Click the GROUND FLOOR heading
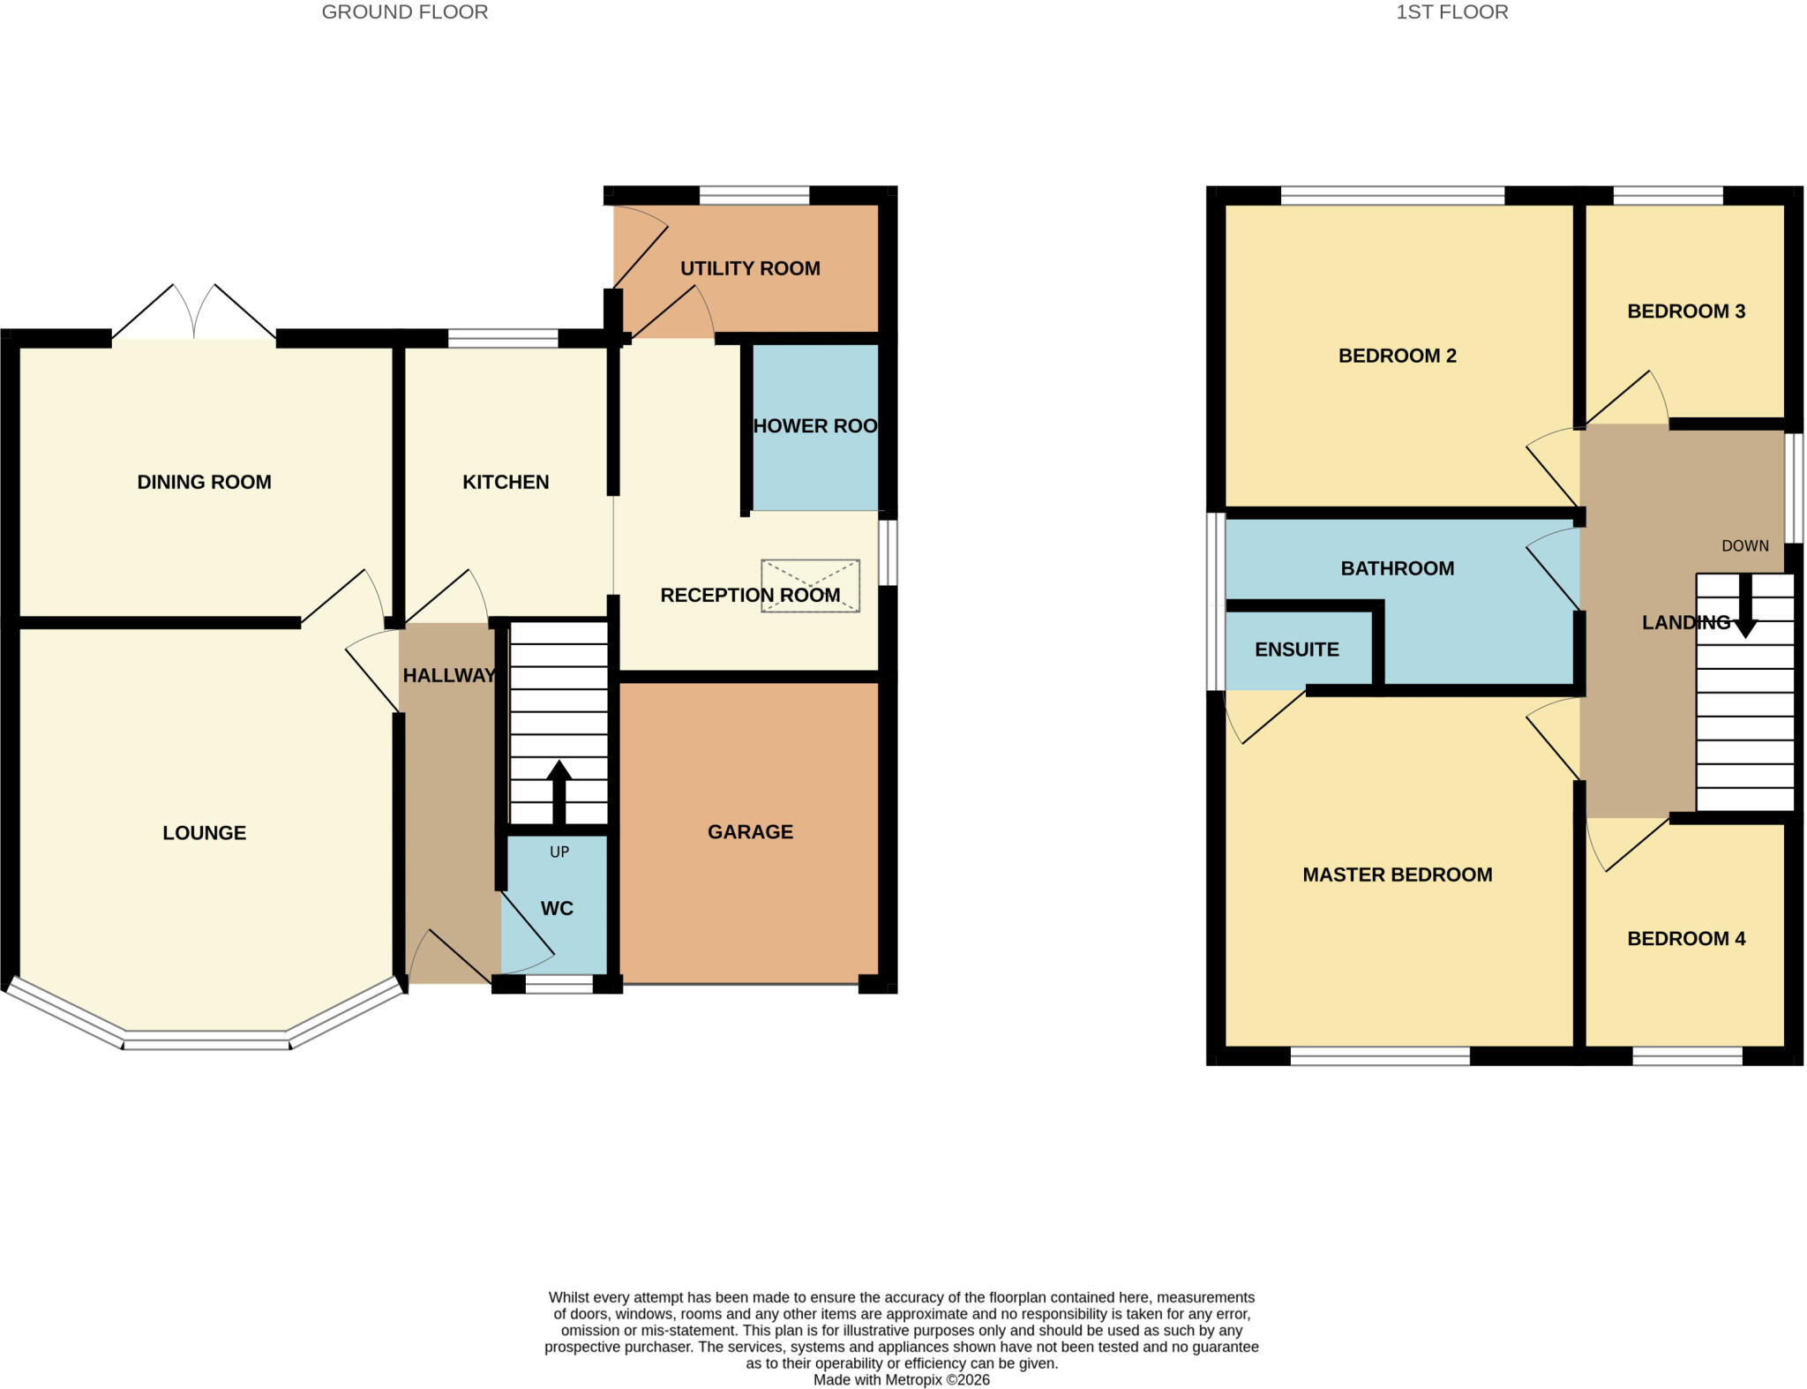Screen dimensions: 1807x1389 [404, 12]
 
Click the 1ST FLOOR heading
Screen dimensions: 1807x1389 [1451, 12]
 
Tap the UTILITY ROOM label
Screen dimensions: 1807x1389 [750, 268]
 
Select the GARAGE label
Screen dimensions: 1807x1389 [750, 831]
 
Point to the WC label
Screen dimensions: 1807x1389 [557, 908]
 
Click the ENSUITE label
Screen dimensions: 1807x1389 [1297, 649]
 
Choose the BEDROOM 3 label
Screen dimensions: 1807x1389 [1686, 312]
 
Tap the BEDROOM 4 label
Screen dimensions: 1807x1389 [1686, 938]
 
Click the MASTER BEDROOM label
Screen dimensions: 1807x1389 [1398, 875]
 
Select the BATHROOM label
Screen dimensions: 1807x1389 [1398, 568]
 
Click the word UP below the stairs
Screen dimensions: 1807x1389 [559, 852]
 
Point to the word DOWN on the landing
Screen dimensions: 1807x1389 [1745, 546]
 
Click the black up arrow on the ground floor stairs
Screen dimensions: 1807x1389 [559, 792]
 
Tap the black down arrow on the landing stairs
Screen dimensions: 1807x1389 [1745, 605]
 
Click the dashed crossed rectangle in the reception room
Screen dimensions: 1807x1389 [810, 586]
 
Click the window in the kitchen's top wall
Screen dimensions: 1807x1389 [503, 338]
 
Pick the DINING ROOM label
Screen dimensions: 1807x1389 [204, 482]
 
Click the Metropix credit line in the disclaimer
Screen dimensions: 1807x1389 [902, 1379]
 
